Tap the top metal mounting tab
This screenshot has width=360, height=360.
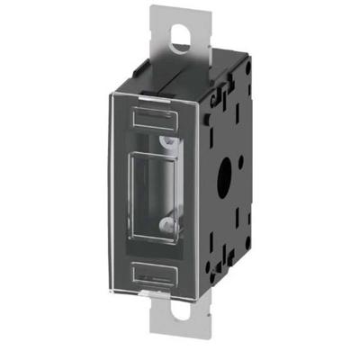coord(175,49)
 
